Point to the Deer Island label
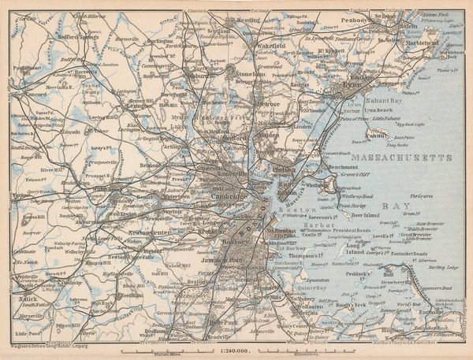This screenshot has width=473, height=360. tap(366, 213)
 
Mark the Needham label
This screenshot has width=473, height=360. tap(132, 295)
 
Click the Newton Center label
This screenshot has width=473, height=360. tap(151, 232)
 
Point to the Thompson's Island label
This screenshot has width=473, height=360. tap(300, 256)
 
